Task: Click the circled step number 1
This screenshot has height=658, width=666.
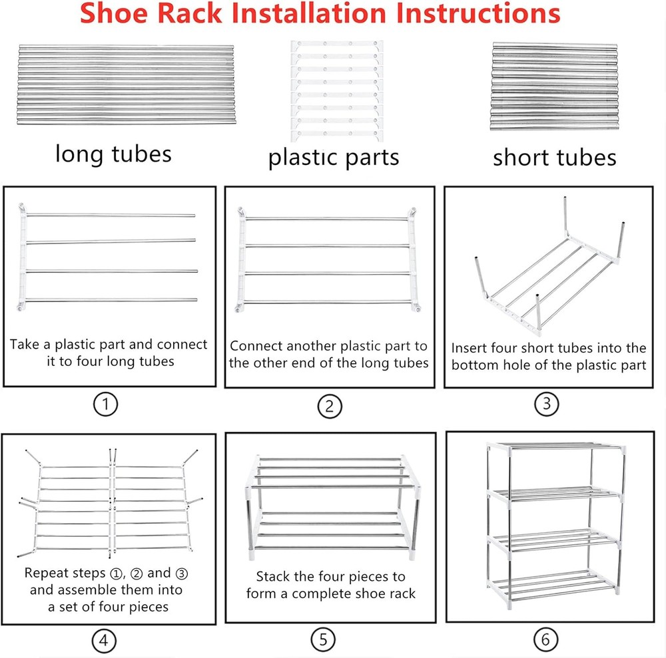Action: (104, 405)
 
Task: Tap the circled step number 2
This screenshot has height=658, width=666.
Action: (329, 406)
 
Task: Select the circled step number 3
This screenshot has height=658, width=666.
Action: (546, 405)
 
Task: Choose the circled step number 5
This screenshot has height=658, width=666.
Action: (323, 640)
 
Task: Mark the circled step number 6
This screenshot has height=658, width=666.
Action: (545, 640)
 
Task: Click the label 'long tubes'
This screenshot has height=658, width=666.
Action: (113, 154)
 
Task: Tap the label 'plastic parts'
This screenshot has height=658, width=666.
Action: (333, 157)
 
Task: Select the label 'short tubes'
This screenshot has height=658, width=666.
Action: (554, 157)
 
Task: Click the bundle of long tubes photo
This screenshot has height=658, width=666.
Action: (117, 85)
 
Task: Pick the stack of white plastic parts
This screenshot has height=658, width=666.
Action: (337, 90)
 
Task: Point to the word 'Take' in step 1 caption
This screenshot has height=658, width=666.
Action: (25, 345)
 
